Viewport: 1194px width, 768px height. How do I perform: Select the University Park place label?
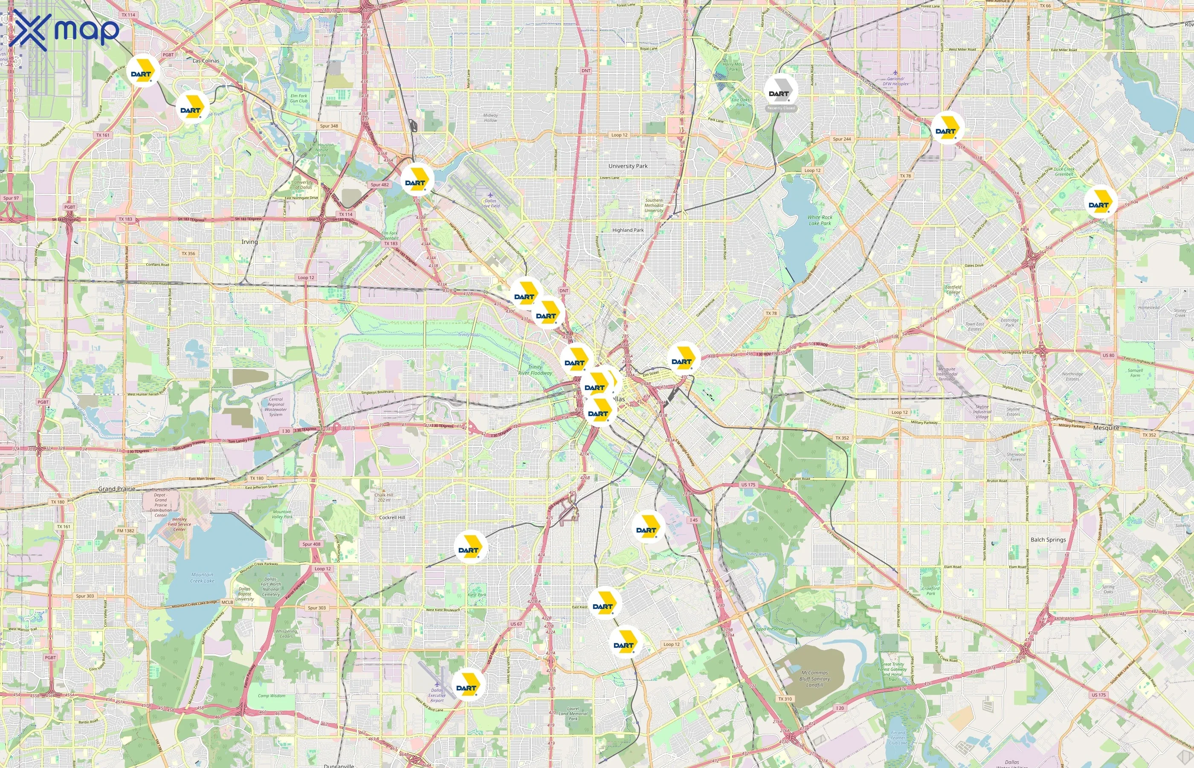pyautogui.click(x=628, y=166)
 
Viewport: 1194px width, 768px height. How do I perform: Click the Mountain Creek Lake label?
pyautogui.click(x=202, y=578)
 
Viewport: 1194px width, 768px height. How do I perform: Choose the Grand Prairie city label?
pyautogui.click(x=116, y=489)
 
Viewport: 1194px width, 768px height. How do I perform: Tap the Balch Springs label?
pyautogui.click(x=1048, y=540)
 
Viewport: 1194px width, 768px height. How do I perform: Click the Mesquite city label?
pyautogui.click(x=1106, y=428)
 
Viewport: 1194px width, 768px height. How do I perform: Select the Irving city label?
pyautogui.click(x=249, y=242)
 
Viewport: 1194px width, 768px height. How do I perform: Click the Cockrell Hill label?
pyautogui.click(x=392, y=518)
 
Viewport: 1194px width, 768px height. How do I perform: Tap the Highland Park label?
pyautogui.click(x=628, y=230)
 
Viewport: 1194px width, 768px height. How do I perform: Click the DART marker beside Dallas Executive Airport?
pyautogui.click(x=467, y=686)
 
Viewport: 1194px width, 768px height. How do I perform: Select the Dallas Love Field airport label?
pyautogui.click(x=490, y=203)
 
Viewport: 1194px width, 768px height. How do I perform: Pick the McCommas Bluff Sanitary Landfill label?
pyautogui.click(x=814, y=679)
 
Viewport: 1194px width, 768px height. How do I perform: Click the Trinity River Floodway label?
pyautogui.click(x=535, y=370)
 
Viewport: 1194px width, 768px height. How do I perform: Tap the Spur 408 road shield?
pyautogui.click(x=311, y=544)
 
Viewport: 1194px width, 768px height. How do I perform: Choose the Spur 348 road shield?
pyautogui.click(x=329, y=126)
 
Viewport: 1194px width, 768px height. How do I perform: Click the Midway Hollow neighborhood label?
pyautogui.click(x=490, y=118)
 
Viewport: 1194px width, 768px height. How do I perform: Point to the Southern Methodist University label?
pyautogui.click(x=654, y=205)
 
